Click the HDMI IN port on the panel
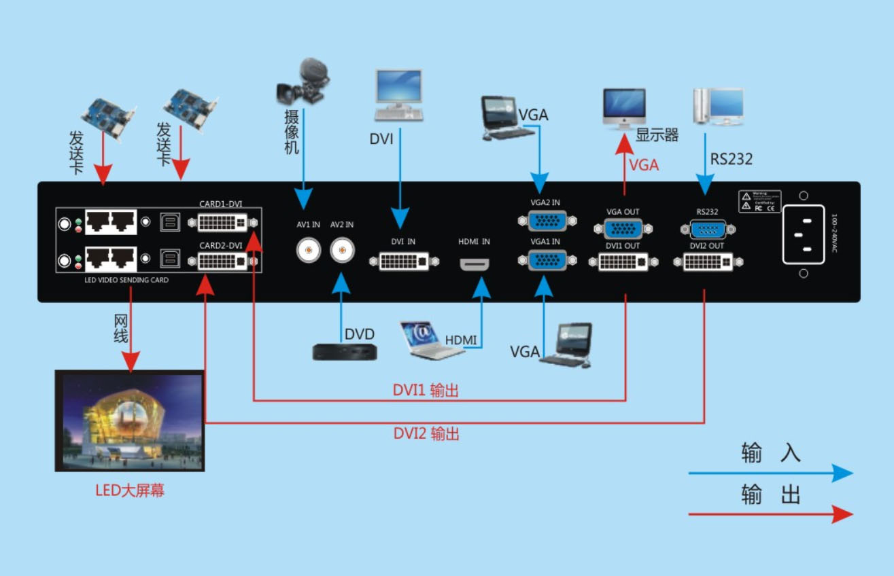pos(475,264)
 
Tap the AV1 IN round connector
pos(309,251)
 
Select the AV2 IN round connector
pos(342,251)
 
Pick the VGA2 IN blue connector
pos(546,221)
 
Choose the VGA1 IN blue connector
pos(546,261)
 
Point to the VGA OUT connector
pos(622,228)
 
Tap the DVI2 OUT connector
pos(708,262)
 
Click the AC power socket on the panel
pos(804,234)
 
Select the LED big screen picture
pos(130,420)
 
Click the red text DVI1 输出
pos(426,391)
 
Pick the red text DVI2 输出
pos(426,433)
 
